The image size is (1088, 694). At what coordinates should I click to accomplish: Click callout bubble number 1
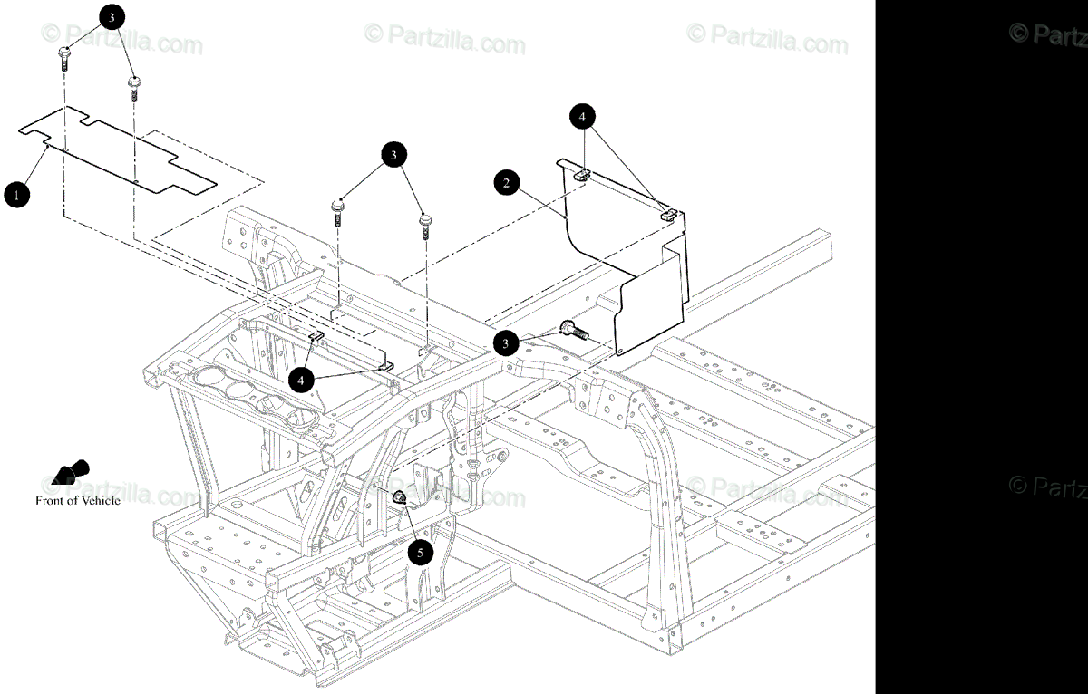click(x=15, y=194)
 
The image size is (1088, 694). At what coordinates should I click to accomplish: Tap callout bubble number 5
click(x=420, y=551)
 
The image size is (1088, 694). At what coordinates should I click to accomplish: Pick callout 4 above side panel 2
click(x=583, y=117)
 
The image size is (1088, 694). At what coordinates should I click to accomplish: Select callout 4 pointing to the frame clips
click(x=301, y=379)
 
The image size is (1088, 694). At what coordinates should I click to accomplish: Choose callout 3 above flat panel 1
click(x=111, y=17)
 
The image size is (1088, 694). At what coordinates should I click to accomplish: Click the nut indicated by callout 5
click(x=398, y=496)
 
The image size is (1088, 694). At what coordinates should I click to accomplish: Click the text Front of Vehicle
click(x=77, y=500)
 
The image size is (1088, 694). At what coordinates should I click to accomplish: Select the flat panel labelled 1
click(x=118, y=149)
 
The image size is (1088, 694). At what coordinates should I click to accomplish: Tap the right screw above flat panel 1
click(x=132, y=88)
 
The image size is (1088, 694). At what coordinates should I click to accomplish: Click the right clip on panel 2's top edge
click(x=668, y=215)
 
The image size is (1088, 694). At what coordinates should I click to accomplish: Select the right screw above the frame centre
click(x=424, y=222)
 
